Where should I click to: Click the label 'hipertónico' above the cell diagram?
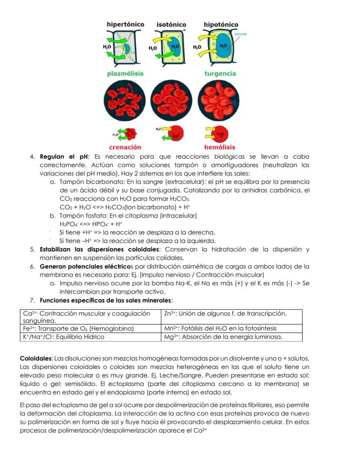[x=125, y=24]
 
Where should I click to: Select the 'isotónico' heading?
[x=171, y=25]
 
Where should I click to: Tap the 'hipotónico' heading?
[x=221, y=25]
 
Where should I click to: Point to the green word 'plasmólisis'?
[x=125, y=74]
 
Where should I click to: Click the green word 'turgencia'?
[x=220, y=74]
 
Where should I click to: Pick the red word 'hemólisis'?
[x=220, y=148]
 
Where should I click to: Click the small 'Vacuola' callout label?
[x=240, y=34]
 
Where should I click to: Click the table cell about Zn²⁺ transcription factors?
[x=226, y=314]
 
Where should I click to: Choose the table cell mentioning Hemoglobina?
[x=78, y=329]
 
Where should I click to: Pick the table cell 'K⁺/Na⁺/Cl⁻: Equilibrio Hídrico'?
[x=64, y=337]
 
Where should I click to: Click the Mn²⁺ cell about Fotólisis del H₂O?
[x=220, y=329]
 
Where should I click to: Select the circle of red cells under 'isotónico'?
[x=171, y=101]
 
